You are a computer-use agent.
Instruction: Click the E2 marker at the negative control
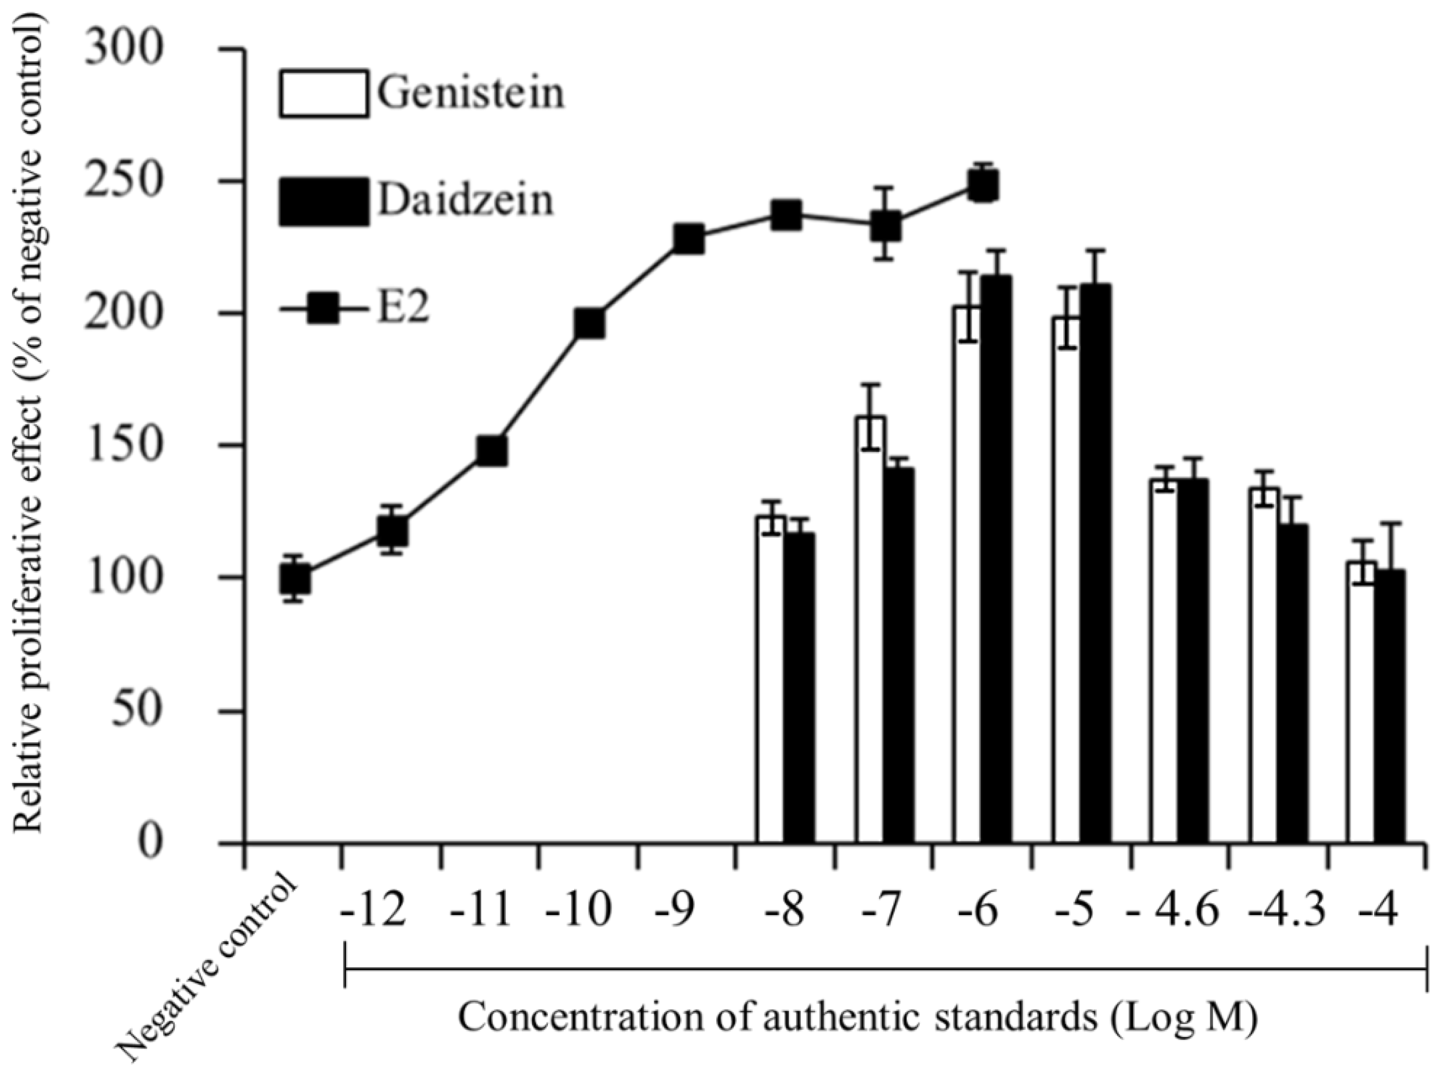[x=294, y=578]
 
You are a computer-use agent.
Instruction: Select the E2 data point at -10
[x=590, y=324]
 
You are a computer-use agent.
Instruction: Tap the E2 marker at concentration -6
[x=983, y=187]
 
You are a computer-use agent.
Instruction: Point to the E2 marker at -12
[x=392, y=531]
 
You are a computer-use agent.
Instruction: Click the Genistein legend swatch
[x=324, y=94]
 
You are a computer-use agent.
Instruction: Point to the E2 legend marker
[x=324, y=308]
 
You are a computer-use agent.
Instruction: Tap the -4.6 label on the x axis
[x=1173, y=911]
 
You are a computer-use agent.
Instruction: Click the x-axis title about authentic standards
[x=858, y=1019]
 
